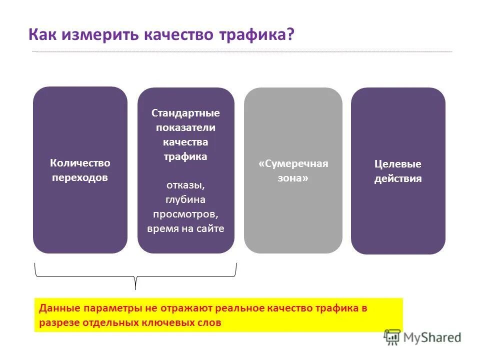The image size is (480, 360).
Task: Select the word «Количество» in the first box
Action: (80, 163)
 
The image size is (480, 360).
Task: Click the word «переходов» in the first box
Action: (80, 177)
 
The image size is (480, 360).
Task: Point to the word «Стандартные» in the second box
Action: (185, 113)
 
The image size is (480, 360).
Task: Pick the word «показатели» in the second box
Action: (185, 127)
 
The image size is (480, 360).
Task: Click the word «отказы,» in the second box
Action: (185, 185)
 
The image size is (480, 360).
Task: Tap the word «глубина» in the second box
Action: (185, 199)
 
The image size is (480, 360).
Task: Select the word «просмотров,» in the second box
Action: (185, 214)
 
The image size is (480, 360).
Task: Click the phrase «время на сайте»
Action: (185, 229)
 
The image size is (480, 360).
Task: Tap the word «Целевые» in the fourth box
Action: (398, 164)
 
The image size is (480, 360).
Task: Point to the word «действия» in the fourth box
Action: (398, 178)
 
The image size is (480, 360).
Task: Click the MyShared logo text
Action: (432, 338)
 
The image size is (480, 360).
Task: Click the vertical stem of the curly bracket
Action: (135, 283)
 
